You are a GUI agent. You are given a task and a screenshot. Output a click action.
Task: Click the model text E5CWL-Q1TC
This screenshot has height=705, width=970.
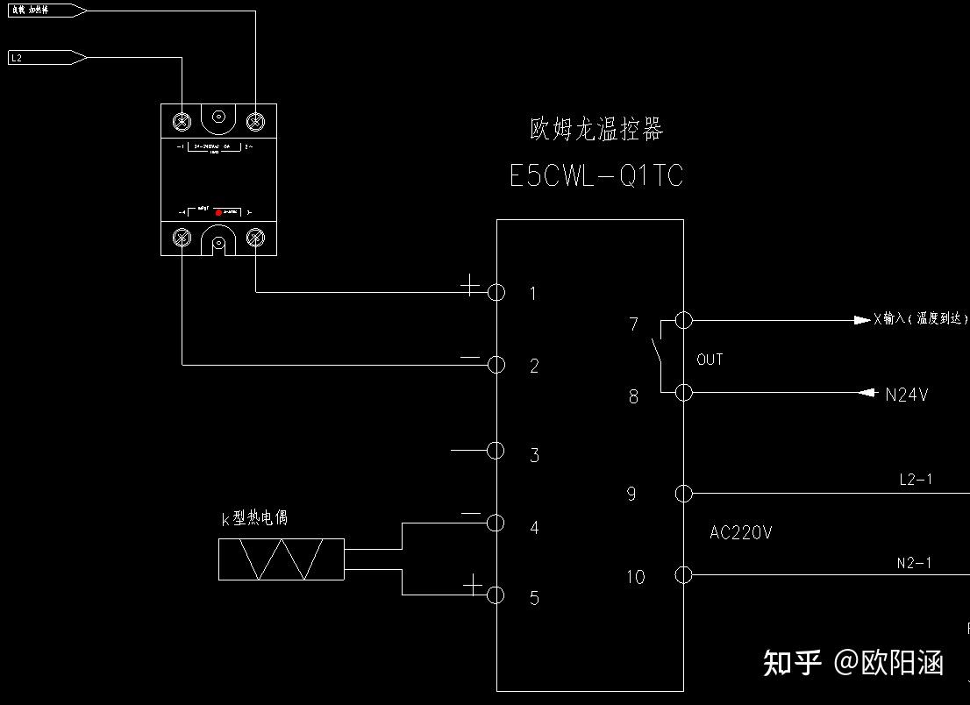[596, 176]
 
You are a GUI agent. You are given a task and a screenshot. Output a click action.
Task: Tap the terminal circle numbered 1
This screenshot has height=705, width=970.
[496, 292]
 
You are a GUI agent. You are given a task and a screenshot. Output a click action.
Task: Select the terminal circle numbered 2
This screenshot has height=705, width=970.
[496, 364]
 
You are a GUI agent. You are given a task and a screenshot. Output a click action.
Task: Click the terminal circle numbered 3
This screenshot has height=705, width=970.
[496, 451]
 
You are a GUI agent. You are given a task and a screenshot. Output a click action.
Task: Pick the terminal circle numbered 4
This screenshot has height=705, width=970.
[496, 523]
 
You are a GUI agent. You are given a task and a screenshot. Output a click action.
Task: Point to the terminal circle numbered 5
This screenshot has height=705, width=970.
[496, 595]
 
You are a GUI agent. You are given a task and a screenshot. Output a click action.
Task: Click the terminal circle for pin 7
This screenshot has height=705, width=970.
[684, 320]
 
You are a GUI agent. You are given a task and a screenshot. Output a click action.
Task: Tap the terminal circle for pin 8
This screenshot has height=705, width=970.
[684, 393]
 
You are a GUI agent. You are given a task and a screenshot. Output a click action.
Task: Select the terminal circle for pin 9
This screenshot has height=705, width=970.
[684, 494]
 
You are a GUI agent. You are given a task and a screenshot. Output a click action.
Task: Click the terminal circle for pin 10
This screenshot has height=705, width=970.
[684, 575]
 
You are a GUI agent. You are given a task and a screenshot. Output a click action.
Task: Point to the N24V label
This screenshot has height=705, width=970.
[906, 395]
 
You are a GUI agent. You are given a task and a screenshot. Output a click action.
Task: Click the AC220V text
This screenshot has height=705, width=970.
[741, 533]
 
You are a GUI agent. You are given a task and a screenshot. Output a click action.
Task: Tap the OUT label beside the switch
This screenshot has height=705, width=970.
[710, 360]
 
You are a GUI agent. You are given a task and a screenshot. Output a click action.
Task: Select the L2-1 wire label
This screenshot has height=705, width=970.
[916, 480]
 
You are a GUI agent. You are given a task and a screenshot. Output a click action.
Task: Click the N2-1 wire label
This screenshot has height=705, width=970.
[914, 564]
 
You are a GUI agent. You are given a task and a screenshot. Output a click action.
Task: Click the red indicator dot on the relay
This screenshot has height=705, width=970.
[218, 212]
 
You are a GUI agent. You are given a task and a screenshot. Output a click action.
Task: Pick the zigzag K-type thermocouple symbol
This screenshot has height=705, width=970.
[282, 559]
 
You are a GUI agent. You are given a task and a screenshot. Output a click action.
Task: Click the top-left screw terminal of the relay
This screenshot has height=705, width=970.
[182, 120]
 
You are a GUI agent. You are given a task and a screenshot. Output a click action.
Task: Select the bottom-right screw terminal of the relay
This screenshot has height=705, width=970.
[256, 237]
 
